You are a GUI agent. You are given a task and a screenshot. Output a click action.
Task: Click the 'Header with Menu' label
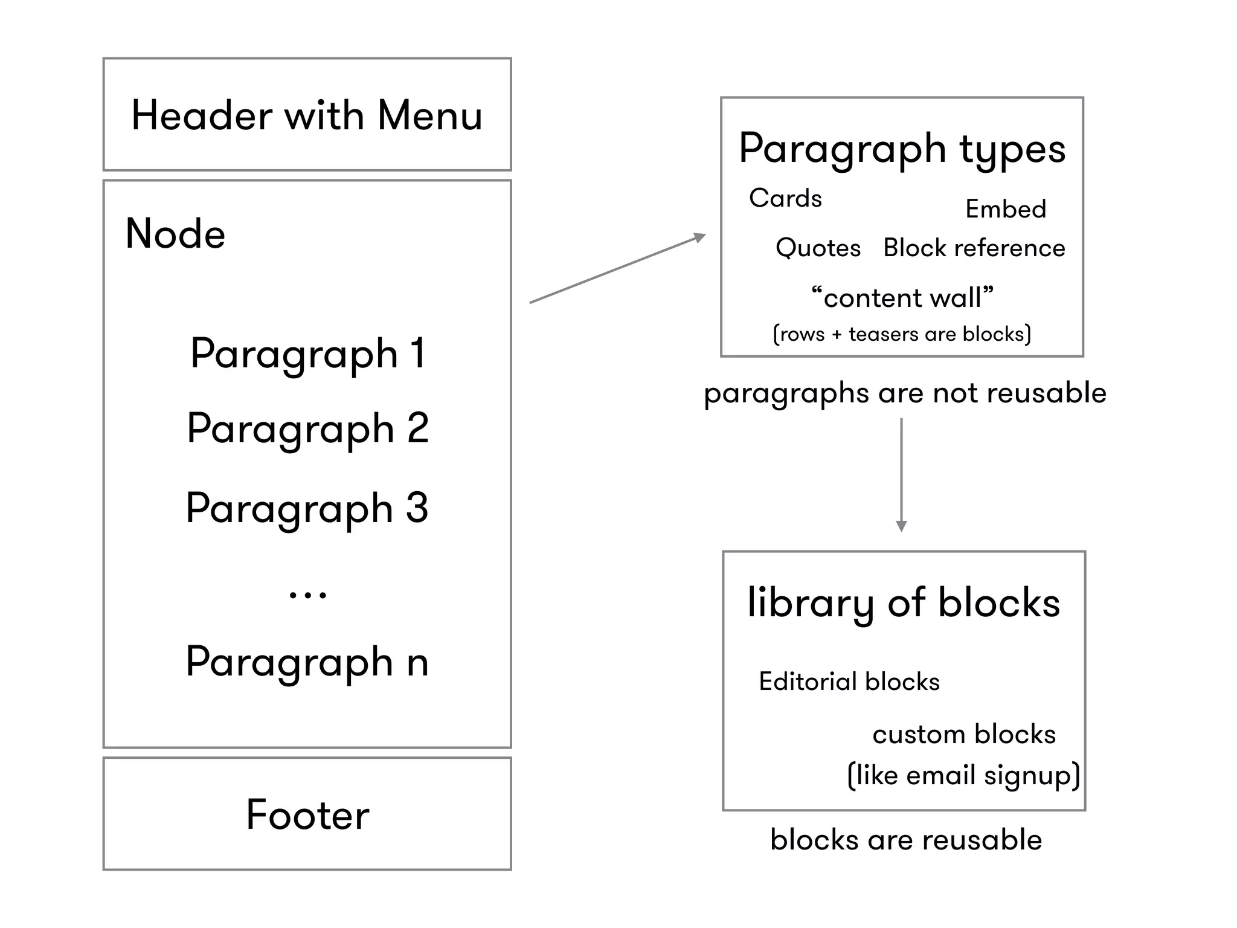pyautogui.click(x=307, y=115)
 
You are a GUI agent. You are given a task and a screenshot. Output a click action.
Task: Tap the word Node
pyautogui.click(x=175, y=234)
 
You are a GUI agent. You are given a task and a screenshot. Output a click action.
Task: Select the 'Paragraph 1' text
pyautogui.click(x=308, y=353)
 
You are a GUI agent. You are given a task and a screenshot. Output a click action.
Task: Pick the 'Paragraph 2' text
pyautogui.click(x=308, y=428)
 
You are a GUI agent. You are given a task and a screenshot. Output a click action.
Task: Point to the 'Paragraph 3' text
pyautogui.click(x=307, y=508)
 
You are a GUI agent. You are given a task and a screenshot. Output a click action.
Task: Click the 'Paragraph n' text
pyautogui.click(x=307, y=662)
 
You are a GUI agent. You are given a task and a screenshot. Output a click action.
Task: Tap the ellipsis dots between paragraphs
pyautogui.click(x=308, y=595)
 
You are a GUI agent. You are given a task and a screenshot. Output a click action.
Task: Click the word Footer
pyautogui.click(x=307, y=814)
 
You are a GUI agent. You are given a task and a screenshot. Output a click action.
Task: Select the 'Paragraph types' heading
pyautogui.click(x=902, y=149)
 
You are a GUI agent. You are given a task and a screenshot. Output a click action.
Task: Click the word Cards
pyautogui.click(x=785, y=198)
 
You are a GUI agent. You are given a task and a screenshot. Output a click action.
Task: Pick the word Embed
pyautogui.click(x=1006, y=209)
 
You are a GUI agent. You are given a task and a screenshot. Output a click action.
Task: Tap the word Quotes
pyautogui.click(x=818, y=248)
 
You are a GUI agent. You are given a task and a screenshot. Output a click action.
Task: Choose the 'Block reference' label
pyautogui.click(x=974, y=248)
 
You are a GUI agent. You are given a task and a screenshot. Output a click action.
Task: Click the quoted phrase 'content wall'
pyautogui.click(x=902, y=297)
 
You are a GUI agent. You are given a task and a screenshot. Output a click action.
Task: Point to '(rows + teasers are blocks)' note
pyautogui.click(x=902, y=333)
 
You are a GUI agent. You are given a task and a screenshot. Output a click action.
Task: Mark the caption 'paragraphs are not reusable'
pyautogui.click(x=905, y=393)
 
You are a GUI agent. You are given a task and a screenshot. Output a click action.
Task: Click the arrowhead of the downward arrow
pyautogui.click(x=901, y=526)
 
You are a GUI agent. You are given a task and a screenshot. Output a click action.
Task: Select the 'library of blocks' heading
pyautogui.click(x=904, y=603)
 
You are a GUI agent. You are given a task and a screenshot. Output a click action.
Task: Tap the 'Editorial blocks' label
pyautogui.click(x=849, y=681)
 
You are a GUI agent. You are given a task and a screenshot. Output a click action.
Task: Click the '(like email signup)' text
pyautogui.click(x=963, y=775)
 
